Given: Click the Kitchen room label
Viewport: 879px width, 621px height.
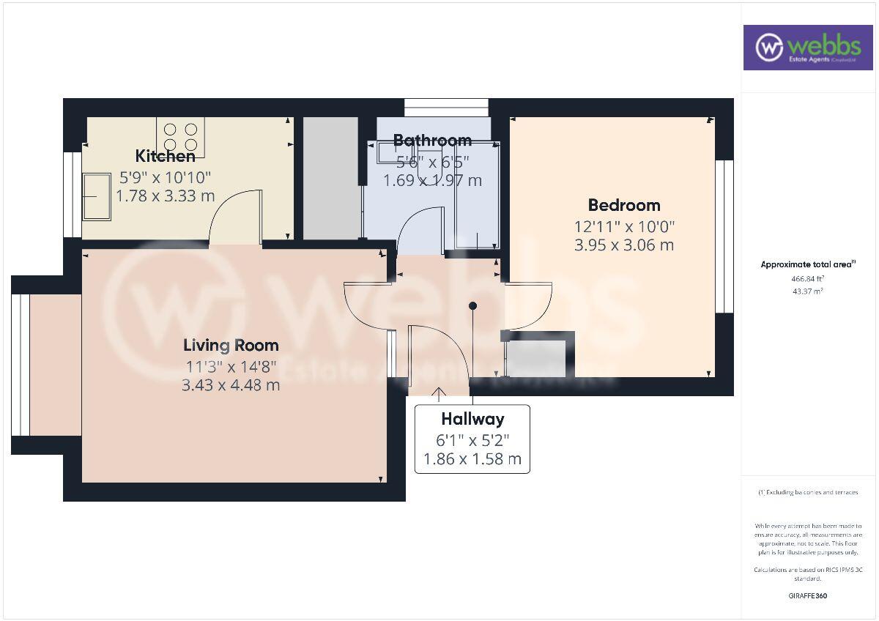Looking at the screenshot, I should (165, 156).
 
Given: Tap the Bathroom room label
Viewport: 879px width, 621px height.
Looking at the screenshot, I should (432, 140).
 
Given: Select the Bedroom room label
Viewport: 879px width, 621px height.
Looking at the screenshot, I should (624, 205).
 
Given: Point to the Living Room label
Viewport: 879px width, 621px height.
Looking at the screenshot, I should (231, 345).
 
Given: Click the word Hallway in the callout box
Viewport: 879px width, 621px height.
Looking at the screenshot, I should (472, 419).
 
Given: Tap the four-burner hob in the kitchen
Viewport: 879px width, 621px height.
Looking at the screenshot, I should (180, 137).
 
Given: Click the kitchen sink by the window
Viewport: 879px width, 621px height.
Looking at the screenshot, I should (96, 196).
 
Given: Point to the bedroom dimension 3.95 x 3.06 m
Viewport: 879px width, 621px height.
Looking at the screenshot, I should (624, 245).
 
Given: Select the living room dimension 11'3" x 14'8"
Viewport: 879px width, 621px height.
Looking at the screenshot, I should (231, 367).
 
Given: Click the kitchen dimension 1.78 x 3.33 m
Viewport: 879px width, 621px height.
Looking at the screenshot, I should (165, 196).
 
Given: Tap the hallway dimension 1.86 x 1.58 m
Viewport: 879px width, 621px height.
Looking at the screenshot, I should (472, 459).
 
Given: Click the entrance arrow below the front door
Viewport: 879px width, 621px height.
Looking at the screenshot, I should (439, 394).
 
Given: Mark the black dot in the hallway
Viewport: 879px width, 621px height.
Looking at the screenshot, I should (473, 305).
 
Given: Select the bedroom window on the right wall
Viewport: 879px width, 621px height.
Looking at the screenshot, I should (724, 236).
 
